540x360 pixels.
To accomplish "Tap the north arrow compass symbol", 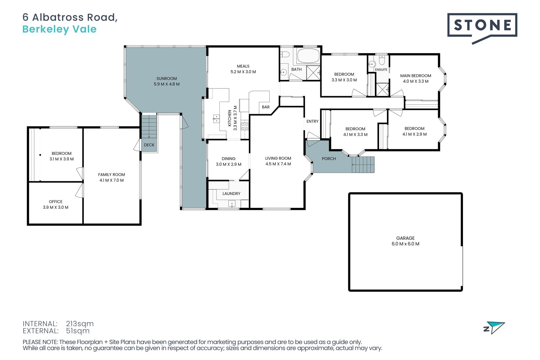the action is tap(494, 328).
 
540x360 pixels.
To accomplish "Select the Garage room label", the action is tap(405, 238).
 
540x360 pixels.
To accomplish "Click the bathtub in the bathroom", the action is tap(308, 56).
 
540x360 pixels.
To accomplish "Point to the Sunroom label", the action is tap(166, 78).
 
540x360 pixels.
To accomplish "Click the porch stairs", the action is tap(363, 165).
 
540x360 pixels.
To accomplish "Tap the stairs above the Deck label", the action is tap(149, 126).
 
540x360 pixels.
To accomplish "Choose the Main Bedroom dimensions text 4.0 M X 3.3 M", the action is tap(416, 81).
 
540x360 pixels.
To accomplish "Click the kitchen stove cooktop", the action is tap(245, 126).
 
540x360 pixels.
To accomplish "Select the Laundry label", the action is tap(231, 193).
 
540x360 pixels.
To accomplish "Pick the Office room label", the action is tap(56, 202).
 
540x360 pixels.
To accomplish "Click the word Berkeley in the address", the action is tap(46, 29).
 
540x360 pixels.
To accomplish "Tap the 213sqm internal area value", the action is tap(80, 324).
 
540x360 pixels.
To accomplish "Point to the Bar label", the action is tap(265, 107).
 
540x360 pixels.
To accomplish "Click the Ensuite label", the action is tap(381, 69).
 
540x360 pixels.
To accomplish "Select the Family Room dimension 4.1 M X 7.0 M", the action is tap(111, 180).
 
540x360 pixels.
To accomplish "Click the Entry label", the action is tap(312, 121).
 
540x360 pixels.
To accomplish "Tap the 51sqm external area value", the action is tap(78, 331).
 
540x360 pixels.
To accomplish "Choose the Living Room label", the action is tap(278, 158).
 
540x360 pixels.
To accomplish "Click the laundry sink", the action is tap(232, 203).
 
